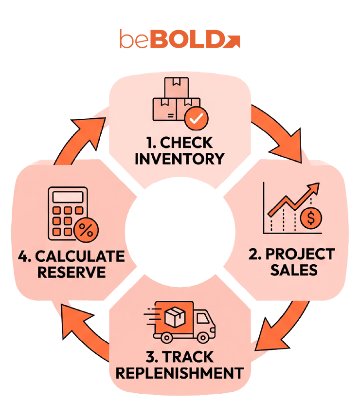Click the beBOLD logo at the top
(180, 39)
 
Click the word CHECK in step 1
(186, 143)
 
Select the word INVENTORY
(180, 159)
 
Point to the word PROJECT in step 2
(300, 254)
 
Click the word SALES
(294, 270)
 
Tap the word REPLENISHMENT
(180, 373)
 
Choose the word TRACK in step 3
(188, 357)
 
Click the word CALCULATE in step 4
(80, 256)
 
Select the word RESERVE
(72, 273)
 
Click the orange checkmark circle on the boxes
(197, 118)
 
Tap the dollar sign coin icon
(311, 218)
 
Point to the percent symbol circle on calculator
(86, 230)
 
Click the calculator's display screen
(68, 197)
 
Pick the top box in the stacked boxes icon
(177, 88)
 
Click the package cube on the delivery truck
(175, 317)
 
